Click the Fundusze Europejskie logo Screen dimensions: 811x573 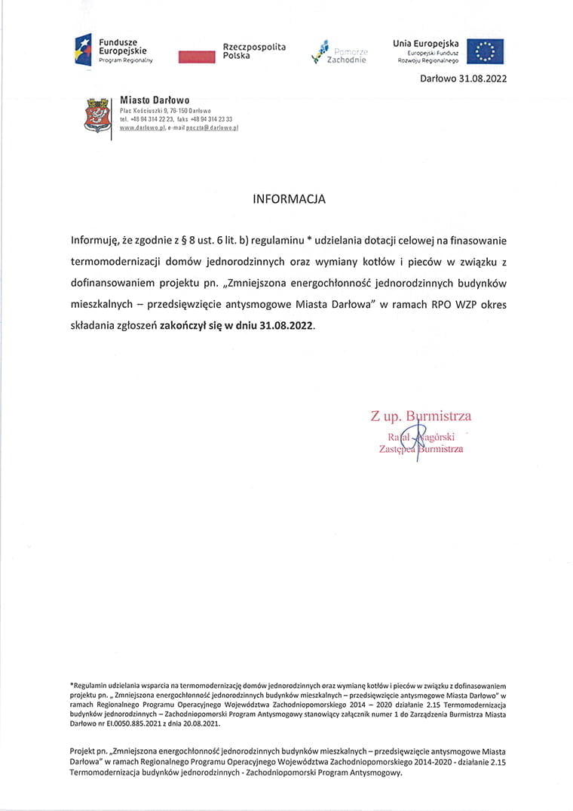114,49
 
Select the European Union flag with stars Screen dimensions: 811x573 485,51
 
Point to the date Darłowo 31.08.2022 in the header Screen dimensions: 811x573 461,78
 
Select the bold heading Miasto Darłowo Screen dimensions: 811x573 155,100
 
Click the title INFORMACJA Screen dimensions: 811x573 289,200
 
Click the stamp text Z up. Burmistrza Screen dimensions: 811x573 421,416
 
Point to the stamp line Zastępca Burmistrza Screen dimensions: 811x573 421,449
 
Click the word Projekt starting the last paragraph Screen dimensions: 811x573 82,751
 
